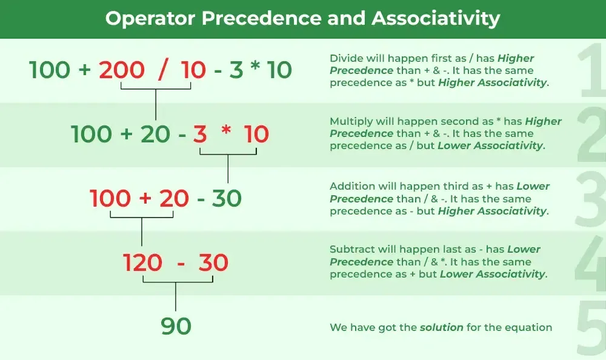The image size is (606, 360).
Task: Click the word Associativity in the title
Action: tap(436, 19)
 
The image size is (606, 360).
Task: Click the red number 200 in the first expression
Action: tap(122, 70)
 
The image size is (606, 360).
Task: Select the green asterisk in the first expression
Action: tap(255, 65)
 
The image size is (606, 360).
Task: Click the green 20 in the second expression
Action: tap(155, 134)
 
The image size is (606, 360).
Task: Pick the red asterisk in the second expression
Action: tap(226, 130)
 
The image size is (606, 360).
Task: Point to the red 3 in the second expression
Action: tap(200, 134)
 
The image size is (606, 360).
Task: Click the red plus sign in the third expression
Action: tap(145, 198)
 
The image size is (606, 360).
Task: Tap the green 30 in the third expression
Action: tap(227, 198)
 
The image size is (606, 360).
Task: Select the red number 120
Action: tap(142, 262)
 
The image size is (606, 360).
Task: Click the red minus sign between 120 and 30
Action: tap(181, 264)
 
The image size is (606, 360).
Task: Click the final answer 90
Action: tap(176, 326)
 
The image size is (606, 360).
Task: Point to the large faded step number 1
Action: tap(591, 70)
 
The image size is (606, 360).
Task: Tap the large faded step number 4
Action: tap(590, 263)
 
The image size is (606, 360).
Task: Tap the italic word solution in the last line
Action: tap(442, 327)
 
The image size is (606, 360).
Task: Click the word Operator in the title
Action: tap(150, 19)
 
